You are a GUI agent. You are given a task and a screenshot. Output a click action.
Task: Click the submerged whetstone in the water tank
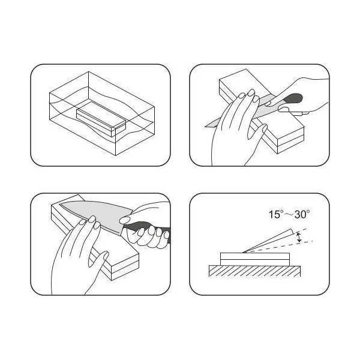(x=101, y=118)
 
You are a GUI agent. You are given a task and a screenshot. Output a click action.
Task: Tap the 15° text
(x=275, y=214)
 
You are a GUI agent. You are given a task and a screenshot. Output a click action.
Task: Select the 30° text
(x=302, y=214)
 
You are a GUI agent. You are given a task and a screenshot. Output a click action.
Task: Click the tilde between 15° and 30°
(x=289, y=215)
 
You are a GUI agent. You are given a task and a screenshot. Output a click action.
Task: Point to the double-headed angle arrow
(x=299, y=238)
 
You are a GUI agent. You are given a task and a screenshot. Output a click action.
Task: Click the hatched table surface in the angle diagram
(x=254, y=271)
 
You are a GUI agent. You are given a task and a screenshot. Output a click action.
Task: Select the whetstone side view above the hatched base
(x=254, y=259)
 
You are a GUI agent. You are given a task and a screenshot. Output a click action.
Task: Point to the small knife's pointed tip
(x=206, y=126)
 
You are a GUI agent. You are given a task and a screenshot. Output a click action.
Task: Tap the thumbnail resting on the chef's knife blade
(x=125, y=221)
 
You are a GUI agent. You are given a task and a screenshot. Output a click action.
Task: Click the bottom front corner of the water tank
(x=115, y=155)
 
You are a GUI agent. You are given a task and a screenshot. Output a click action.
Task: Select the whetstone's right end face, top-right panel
(x=291, y=140)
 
